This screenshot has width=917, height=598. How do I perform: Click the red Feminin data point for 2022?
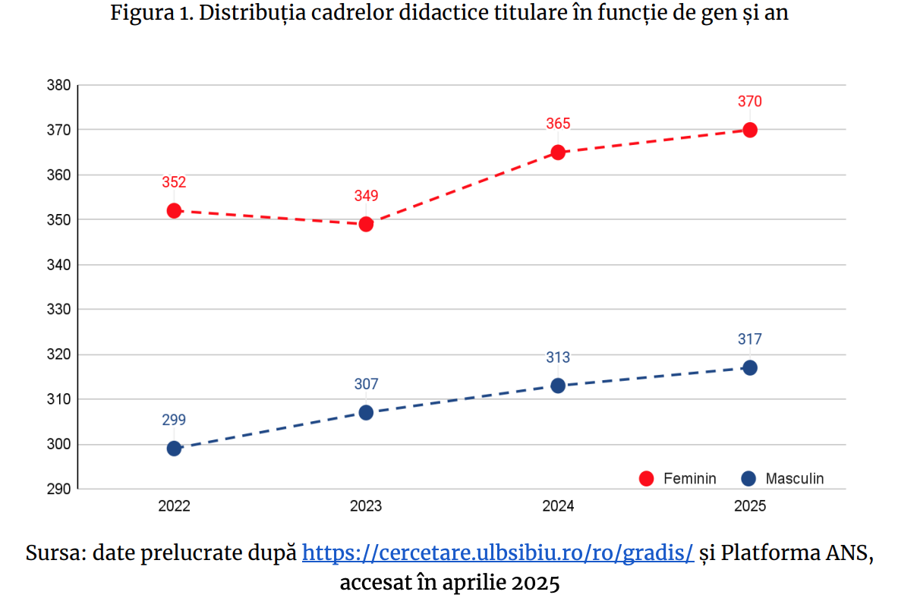click(174, 210)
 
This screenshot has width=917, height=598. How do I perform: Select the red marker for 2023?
click(366, 224)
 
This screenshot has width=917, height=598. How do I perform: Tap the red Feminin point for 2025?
click(750, 130)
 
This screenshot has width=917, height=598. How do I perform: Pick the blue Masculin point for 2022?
click(174, 448)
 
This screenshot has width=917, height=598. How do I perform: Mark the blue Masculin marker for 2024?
click(558, 386)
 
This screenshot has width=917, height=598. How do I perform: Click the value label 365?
click(558, 124)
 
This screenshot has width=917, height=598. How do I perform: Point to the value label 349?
click(366, 196)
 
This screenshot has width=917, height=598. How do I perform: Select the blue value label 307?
click(366, 384)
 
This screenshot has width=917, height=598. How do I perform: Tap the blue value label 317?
click(750, 339)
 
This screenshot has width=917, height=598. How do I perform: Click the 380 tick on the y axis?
click(58, 86)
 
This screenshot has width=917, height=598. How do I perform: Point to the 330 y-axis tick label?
click(58, 310)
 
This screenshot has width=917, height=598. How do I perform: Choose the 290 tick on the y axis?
click(58, 489)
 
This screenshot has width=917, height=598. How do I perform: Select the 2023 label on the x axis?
click(366, 506)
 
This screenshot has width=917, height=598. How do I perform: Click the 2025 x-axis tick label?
click(750, 506)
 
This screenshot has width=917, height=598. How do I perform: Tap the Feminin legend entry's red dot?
click(647, 479)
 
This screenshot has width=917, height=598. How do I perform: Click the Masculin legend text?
click(794, 479)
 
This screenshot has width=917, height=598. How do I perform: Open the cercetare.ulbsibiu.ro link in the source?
click(498, 552)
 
